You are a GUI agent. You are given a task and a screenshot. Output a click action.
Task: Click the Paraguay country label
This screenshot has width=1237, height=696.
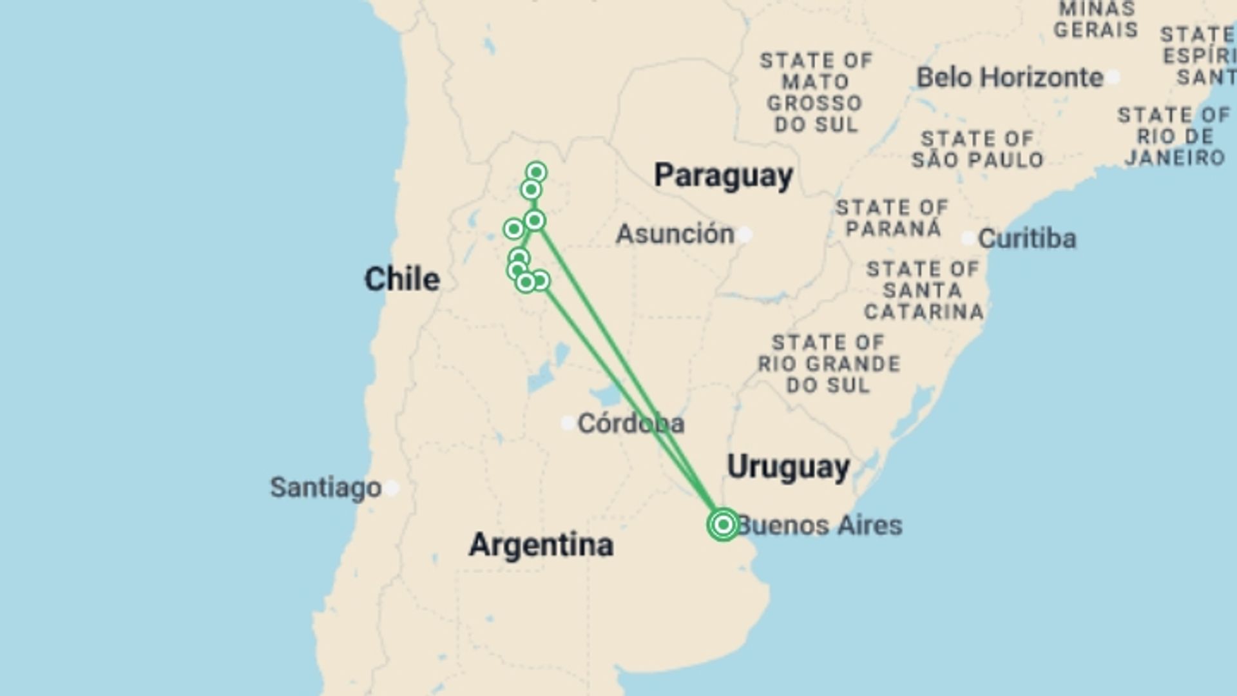pyautogui.click(x=723, y=176)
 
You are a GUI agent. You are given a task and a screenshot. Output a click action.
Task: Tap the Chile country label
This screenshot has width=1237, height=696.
pyautogui.click(x=402, y=280)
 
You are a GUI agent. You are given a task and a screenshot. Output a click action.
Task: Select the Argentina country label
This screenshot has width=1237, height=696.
pyautogui.click(x=541, y=545)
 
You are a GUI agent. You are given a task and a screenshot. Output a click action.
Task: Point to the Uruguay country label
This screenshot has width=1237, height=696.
pyautogui.click(x=789, y=467)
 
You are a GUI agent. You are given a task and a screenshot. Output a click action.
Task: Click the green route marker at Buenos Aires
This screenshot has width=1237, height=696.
pyautogui.click(x=723, y=525)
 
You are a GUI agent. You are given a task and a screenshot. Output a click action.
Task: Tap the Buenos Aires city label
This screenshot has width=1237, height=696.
pyautogui.click(x=820, y=526)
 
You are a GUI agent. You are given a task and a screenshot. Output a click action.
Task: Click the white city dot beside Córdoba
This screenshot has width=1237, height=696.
pyautogui.click(x=568, y=423)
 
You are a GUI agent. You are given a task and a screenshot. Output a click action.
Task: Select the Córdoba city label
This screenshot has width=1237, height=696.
pyautogui.click(x=631, y=423)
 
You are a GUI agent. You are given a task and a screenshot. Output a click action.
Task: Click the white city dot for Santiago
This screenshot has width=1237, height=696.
pyautogui.click(x=392, y=488)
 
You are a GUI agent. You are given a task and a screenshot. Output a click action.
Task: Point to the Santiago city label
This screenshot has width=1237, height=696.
pyautogui.click(x=325, y=488)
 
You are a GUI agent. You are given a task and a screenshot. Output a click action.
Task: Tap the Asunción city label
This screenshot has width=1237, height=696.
pyautogui.click(x=675, y=234)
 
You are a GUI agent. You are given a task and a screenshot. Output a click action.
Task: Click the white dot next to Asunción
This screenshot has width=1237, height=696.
pyautogui.click(x=745, y=234)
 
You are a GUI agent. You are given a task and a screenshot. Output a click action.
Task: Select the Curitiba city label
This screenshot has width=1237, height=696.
pyautogui.click(x=1027, y=239)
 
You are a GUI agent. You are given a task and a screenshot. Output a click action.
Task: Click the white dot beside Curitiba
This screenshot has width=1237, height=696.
pyautogui.click(x=968, y=238)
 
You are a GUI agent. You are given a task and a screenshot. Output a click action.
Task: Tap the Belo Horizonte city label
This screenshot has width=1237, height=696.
pyautogui.click(x=1010, y=78)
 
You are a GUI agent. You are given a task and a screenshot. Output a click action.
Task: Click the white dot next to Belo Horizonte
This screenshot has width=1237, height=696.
pyautogui.click(x=1113, y=77)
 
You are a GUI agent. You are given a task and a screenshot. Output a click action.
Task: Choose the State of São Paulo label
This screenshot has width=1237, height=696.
pyautogui.click(x=977, y=150)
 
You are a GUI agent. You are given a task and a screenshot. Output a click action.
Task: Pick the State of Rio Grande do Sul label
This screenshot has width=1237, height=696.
pyautogui.click(x=829, y=364)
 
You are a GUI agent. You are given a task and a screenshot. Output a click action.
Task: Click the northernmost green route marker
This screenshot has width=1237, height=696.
pyautogui.click(x=536, y=172)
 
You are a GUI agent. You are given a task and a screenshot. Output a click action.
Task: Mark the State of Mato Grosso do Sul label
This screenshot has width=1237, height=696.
pyautogui.click(x=816, y=93)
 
